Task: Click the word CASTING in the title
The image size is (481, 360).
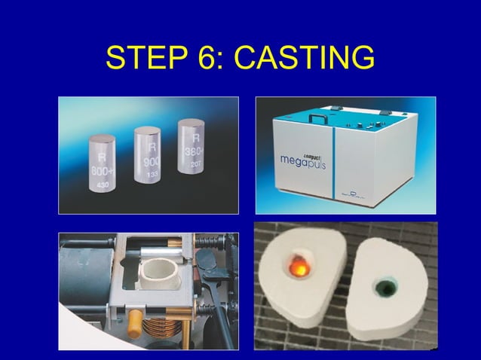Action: (305, 58)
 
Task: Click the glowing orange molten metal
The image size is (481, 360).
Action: (299, 266)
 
